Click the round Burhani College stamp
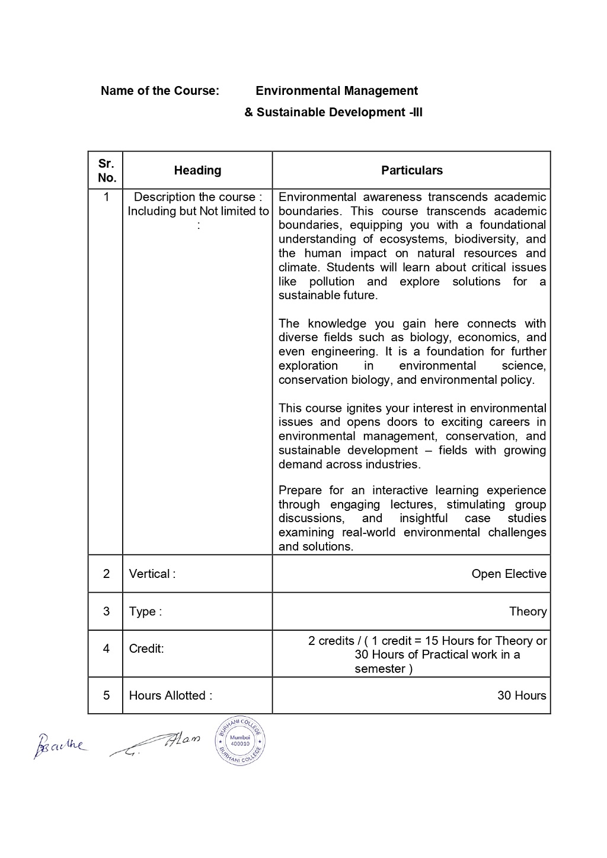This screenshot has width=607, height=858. click(240, 740)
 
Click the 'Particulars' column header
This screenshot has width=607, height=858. click(411, 170)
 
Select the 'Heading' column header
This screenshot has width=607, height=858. click(197, 170)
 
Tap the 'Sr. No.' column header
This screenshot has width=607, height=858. click(107, 170)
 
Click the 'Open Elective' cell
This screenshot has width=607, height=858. click(509, 574)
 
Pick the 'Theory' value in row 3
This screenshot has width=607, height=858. click(528, 611)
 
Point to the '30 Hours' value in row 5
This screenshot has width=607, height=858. click(522, 695)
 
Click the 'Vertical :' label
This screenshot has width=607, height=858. click(152, 574)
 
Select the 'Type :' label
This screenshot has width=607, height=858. click(145, 611)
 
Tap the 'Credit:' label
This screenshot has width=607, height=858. click(146, 649)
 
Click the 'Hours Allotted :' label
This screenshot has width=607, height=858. click(171, 695)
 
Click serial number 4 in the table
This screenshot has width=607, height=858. click(106, 649)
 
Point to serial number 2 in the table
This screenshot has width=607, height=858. click(106, 574)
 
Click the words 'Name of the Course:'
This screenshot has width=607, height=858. click(160, 91)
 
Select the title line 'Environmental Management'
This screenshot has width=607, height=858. click(337, 91)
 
